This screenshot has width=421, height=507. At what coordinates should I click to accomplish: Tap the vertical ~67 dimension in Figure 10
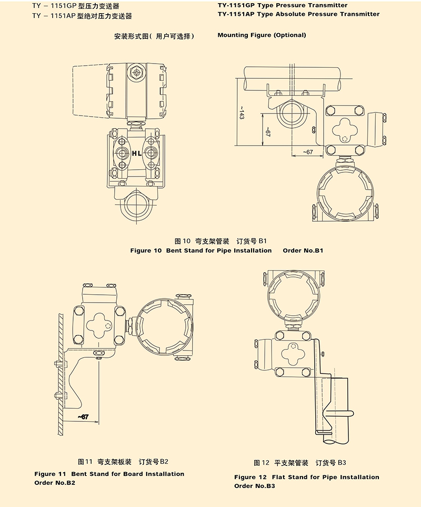coord(267,132)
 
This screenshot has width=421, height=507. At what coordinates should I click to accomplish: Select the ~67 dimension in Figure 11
coord(82,417)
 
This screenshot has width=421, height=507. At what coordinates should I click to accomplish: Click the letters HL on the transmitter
coord(136,153)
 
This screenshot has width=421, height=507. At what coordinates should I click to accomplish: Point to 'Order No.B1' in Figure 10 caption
coord(303,251)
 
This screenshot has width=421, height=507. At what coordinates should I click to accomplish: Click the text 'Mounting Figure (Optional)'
coord(262,35)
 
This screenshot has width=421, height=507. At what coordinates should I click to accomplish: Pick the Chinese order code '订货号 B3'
coord(330,463)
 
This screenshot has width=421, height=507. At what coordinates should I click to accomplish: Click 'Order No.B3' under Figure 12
coord(255,486)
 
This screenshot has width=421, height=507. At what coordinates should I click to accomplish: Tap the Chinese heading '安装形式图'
coord(131,37)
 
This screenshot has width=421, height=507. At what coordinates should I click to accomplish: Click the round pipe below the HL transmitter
coord(136,206)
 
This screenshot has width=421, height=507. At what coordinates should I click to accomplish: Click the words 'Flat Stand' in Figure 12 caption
coord(288,477)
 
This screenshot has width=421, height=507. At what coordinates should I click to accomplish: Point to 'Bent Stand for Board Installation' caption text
coord(128,474)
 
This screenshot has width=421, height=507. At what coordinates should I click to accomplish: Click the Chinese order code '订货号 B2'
coord(153,462)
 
